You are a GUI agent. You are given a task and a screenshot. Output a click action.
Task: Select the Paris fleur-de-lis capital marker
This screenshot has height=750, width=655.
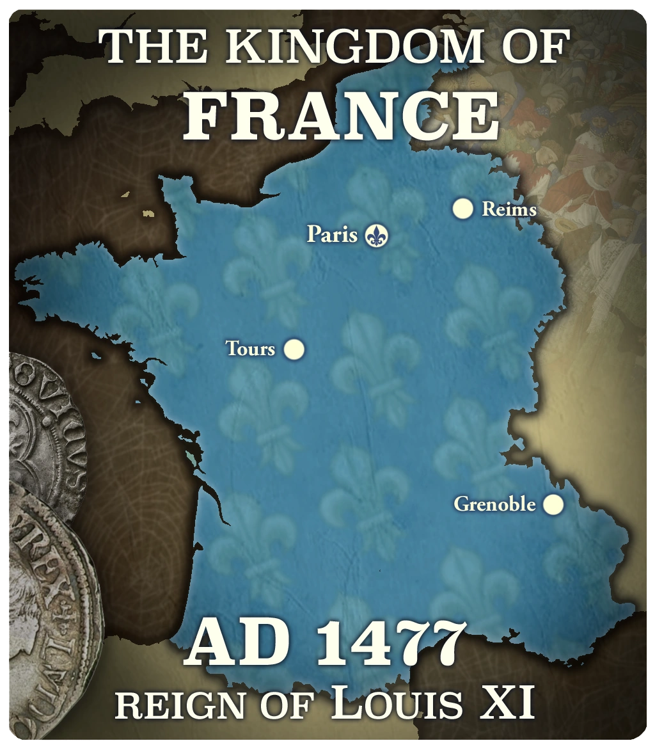coord(377,235)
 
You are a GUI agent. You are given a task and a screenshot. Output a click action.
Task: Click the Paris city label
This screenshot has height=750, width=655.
coord(332,234)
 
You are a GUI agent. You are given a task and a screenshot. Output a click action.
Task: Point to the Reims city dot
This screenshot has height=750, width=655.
coord(462,209)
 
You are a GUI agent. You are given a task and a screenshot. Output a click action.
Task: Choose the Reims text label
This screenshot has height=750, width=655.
coord(509,209)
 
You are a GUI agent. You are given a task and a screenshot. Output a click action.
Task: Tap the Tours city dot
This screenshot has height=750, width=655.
coord(294,349)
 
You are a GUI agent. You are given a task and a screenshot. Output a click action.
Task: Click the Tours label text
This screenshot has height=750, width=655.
coord(250,349)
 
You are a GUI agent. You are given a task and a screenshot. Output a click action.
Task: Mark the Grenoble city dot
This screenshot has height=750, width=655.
coord(553,505)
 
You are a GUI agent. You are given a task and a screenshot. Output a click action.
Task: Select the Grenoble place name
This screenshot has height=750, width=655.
coord(494,505)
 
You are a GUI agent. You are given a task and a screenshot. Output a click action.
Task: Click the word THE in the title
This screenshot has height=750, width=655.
coord(145,47)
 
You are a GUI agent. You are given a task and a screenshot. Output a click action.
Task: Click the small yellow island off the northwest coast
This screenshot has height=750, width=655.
coord(148,214)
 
